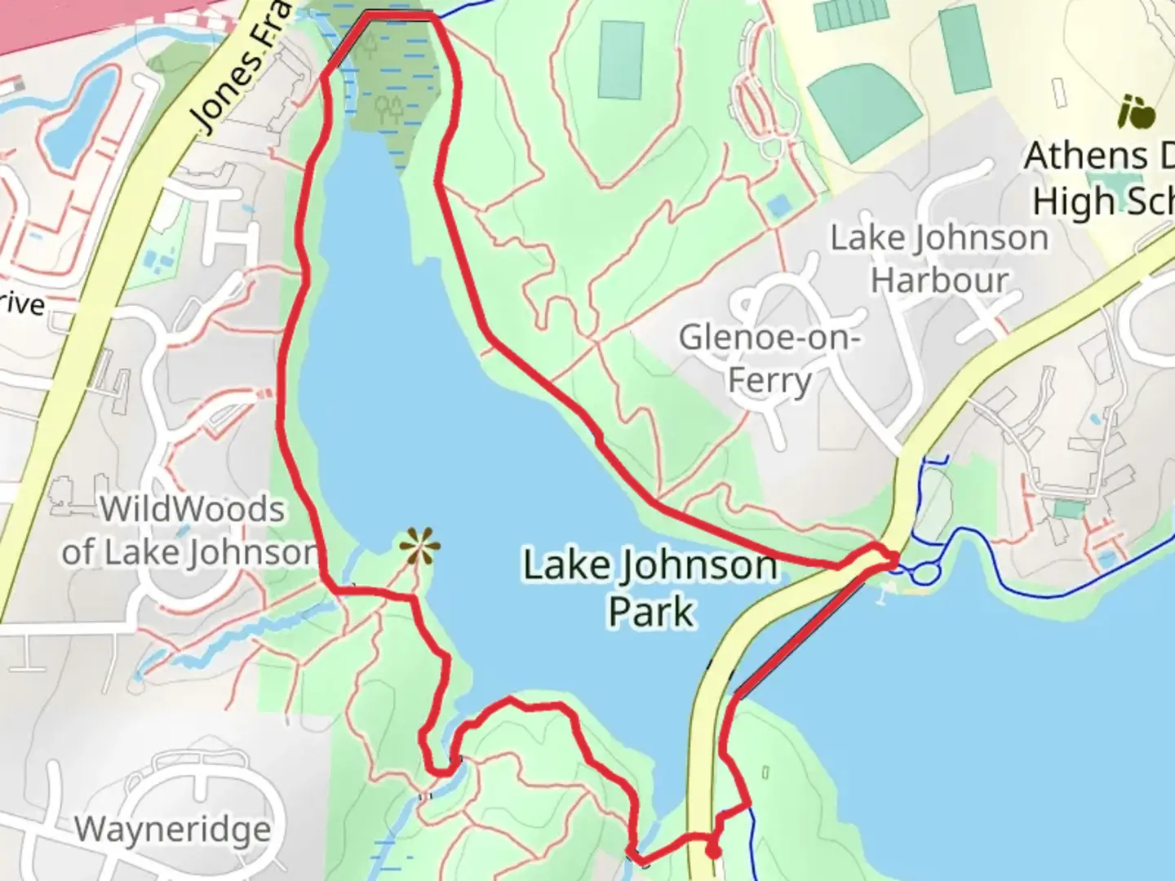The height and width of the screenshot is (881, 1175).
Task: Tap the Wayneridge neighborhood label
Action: [172, 830]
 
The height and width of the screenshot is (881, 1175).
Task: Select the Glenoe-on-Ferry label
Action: [769, 358]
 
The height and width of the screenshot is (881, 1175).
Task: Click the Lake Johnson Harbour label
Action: [940, 259]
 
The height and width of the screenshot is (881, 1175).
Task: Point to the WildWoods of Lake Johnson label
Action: [191, 531]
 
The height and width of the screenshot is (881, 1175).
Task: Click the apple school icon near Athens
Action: [1137, 113]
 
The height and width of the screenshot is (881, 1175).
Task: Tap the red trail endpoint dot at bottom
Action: [713, 852]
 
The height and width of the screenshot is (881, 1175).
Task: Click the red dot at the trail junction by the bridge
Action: [893, 559]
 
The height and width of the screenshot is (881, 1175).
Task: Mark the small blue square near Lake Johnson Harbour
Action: [779, 205]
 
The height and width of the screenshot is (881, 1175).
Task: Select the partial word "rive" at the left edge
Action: [21, 303]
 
